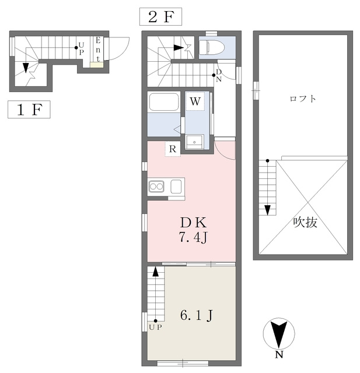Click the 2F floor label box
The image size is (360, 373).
click(160, 17)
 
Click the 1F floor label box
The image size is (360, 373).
click(29, 110)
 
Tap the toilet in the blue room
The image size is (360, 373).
click(212, 47)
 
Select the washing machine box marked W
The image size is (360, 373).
click(195, 101)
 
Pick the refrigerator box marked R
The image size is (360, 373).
click(173, 149)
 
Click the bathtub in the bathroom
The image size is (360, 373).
click(164, 102)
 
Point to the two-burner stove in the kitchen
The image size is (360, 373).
click(156, 186)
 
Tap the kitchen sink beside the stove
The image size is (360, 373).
click(176, 186)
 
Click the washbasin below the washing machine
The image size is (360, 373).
click(194, 142)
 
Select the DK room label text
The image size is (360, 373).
click(193, 223)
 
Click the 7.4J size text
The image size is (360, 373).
click(193, 237)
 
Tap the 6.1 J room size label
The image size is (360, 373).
click(197, 316)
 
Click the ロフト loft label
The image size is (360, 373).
click(303, 98)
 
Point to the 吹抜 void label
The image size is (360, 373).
click(305, 223)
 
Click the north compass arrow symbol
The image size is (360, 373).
click(279, 333)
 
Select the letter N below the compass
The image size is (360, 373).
click(279, 355)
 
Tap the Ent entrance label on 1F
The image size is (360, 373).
click(98, 50)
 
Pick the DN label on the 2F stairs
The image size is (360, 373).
click(219, 75)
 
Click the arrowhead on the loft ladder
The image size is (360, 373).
click(268, 210)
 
